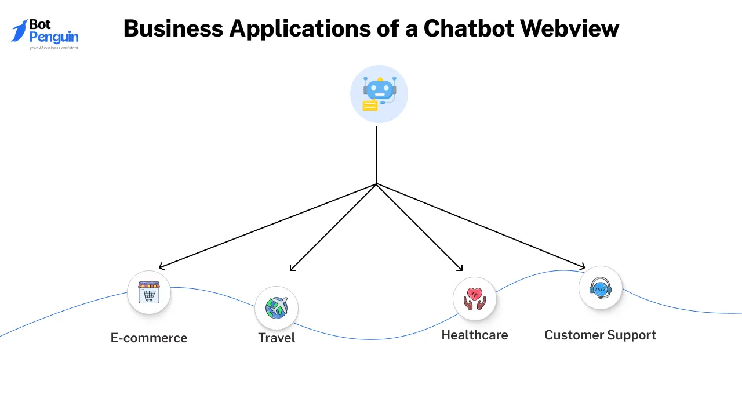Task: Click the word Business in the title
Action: tap(172, 28)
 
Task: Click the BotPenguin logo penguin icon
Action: tap(20, 31)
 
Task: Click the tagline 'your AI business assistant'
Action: tap(54, 48)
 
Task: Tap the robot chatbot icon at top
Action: tap(380, 91)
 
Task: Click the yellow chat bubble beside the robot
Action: tap(369, 106)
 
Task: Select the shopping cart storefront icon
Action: tap(149, 292)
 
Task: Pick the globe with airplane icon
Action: tap(277, 307)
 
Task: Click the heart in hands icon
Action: tap(474, 298)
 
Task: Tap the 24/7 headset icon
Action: tap(600, 288)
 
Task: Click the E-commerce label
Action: tap(149, 338)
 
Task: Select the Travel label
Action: tap(277, 338)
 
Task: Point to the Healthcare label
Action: tap(474, 335)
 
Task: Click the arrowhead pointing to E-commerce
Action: tap(161, 267)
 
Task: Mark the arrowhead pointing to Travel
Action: tap(292, 269)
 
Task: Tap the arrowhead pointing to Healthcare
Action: tap(460, 269)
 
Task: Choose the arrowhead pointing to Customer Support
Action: tap(582, 267)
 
